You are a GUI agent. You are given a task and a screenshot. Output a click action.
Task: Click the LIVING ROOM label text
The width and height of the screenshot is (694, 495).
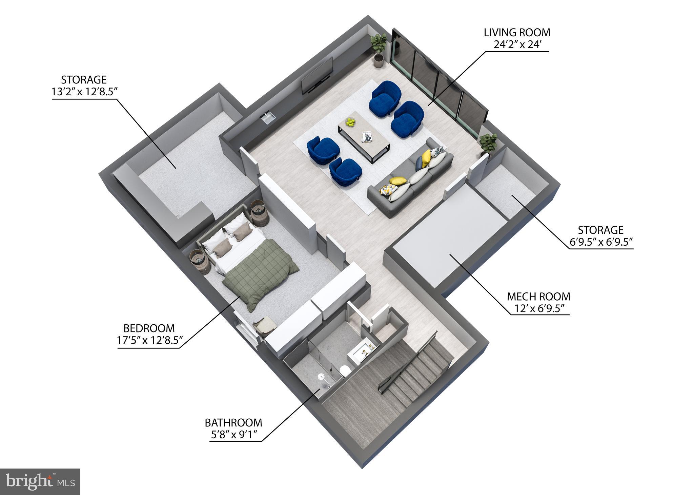[x=516, y=33]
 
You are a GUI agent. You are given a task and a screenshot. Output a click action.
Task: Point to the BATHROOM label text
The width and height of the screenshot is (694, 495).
[x=233, y=423]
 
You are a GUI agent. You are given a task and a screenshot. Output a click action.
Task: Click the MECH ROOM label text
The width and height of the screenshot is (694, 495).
[x=538, y=297]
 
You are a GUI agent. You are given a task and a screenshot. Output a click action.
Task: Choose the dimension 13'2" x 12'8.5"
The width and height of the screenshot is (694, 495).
[x=84, y=92]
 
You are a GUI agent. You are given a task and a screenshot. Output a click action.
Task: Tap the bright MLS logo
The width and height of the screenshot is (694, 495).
[x=40, y=481]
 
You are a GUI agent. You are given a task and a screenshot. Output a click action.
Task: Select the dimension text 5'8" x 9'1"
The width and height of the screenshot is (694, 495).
[x=233, y=434]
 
